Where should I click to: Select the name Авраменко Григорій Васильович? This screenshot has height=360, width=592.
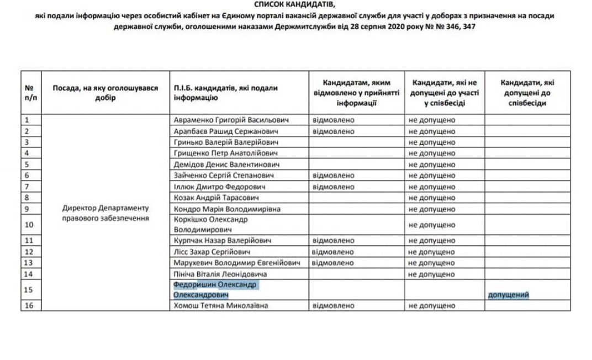click(231, 120)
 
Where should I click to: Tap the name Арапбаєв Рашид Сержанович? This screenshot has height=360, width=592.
click(226, 131)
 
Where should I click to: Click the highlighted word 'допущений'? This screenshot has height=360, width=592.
click(509, 295)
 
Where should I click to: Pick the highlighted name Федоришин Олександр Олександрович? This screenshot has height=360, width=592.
click(215, 290)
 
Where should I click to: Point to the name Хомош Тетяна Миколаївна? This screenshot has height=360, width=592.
click(221, 305)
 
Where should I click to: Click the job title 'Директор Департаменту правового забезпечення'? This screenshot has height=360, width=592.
click(106, 213)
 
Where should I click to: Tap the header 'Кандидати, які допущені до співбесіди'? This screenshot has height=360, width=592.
click(527, 93)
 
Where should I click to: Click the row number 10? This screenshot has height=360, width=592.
click(30, 225)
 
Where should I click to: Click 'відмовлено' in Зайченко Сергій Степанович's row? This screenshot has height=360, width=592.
click(334, 176)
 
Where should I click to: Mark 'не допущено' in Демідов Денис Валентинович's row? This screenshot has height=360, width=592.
click(432, 165)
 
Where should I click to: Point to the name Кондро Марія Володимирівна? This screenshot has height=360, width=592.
click(227, 209)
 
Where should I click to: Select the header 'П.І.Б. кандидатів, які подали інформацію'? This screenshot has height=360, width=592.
click(225, 93)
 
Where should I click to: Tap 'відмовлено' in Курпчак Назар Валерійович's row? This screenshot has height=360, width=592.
click(334, 241)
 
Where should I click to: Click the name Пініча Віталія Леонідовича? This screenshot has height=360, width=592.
click(220, 274)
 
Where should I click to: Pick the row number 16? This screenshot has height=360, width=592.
click(30, 305)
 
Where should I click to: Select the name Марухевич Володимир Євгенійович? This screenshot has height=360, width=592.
click(236, 262)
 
